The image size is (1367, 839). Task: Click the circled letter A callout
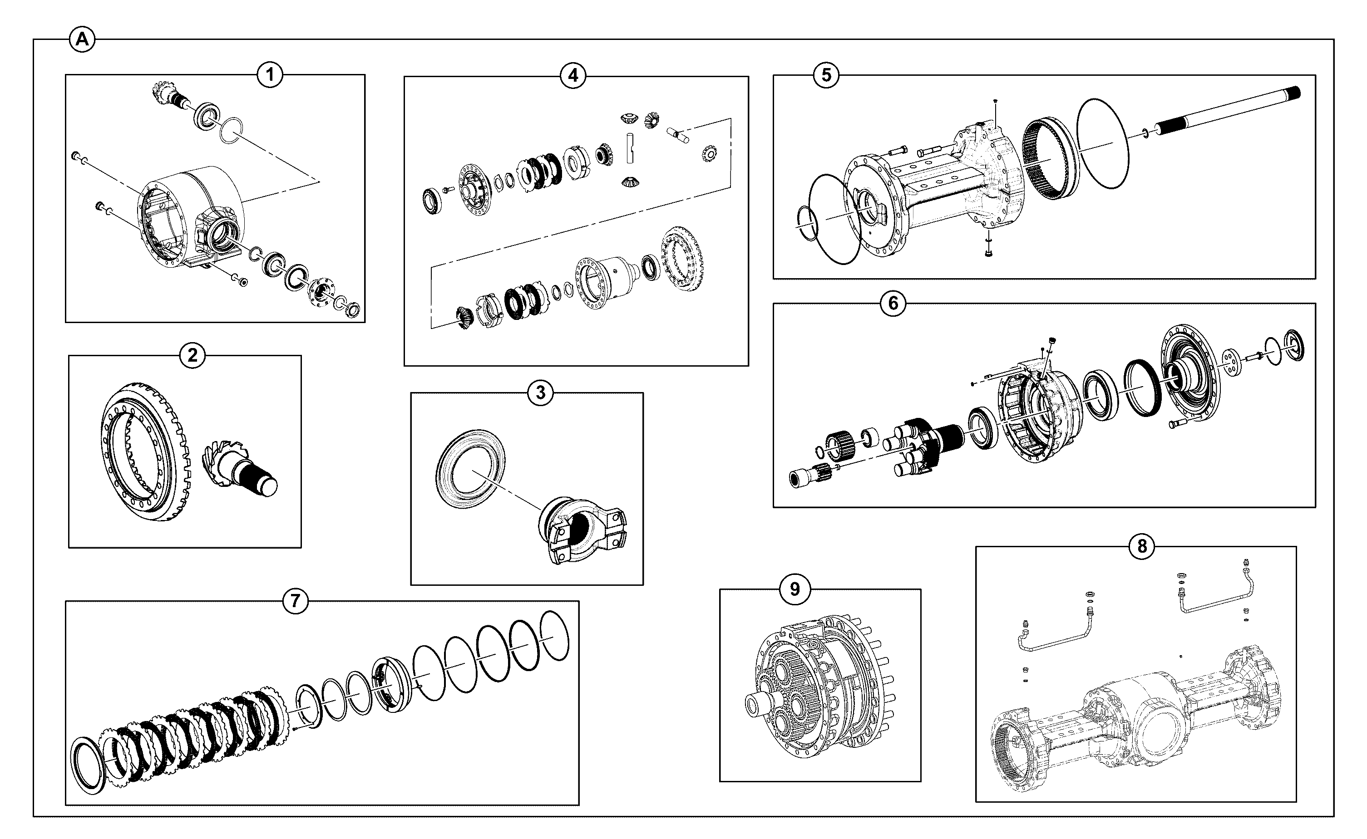(82, 40)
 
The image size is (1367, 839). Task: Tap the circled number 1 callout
(270, 74)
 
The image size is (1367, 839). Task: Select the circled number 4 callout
(573, 75)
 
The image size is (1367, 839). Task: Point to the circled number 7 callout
(295, 600)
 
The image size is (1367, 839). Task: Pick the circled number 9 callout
(795, 589)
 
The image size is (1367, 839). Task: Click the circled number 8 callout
(1142, 547)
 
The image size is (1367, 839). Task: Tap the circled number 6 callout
(893, 303)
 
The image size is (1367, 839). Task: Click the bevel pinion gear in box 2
(239, 463)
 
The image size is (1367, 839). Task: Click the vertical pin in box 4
(630, 148)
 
